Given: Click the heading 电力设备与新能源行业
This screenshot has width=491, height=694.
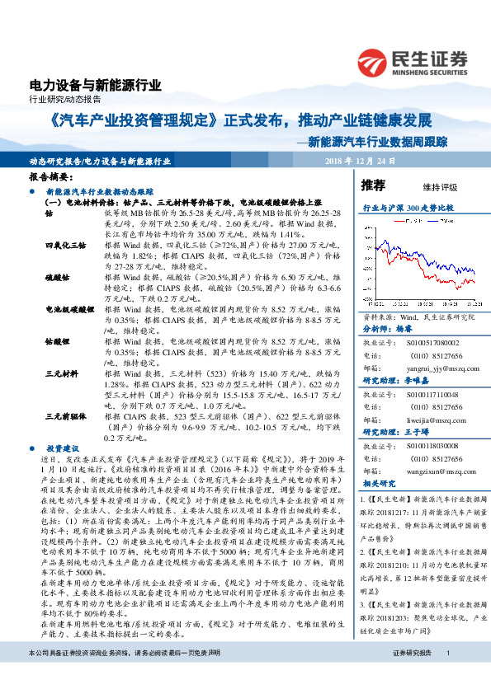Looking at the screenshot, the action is pyautogui.click(x=95, y=85).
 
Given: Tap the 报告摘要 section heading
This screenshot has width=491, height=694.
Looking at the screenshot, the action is pyautogui.click(x=51, y=177).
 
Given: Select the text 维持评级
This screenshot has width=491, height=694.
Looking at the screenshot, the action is pyautogui.click(x=440, y=187).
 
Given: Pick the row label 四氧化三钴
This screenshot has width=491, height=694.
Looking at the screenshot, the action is pyautogui.click(x=65, y=246).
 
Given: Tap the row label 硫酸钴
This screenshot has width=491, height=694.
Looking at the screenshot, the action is pyautogui.click(x=57, y=279).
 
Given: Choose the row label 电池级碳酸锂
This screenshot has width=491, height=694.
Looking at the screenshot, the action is pyautogui.click(x=70, y=308).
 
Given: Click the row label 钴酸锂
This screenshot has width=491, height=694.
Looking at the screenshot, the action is pyautogui.click(x=57, y=340).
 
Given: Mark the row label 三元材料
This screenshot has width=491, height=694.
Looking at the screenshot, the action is pyautogui.click(x=61, y=373).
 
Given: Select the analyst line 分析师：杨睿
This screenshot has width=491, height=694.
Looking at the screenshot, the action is pyautogui.click(x=387, y=327).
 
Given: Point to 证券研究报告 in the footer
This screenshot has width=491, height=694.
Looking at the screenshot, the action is pyautogui.click(x=413, y=677).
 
